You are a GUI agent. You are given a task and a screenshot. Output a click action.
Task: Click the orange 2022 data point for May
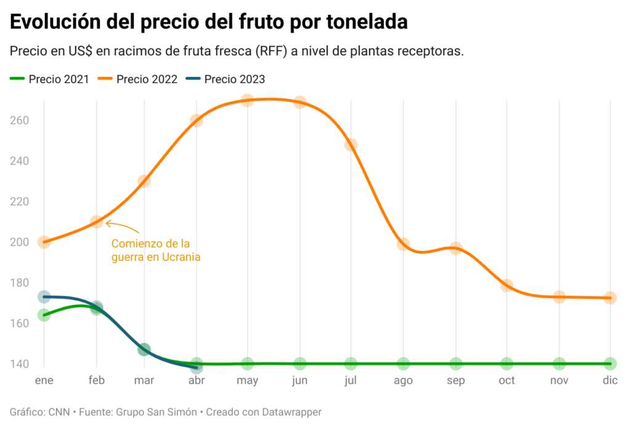coord(247,100)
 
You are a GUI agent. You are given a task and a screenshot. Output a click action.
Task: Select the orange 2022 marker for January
coord(44,242)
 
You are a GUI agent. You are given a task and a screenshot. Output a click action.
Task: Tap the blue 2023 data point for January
coord(44,297)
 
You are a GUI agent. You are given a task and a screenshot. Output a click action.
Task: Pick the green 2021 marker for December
coord(610,363)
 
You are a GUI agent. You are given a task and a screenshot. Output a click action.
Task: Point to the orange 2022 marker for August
coord(403,244)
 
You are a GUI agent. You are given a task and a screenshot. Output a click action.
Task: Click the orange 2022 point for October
coord(507,285)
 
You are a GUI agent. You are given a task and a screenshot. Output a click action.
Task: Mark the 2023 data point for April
coord(197,368)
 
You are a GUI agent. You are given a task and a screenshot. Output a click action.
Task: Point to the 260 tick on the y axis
coord(20,120)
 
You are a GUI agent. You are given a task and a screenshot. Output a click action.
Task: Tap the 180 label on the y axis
coord(20,283)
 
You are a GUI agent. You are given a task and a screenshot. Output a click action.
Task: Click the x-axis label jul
coord(351,381)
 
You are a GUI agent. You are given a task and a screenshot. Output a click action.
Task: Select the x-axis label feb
coord(97,381)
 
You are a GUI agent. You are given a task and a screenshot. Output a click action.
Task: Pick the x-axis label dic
coord(610,381)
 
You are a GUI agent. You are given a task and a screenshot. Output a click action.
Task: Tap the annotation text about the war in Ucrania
coord(156,251)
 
